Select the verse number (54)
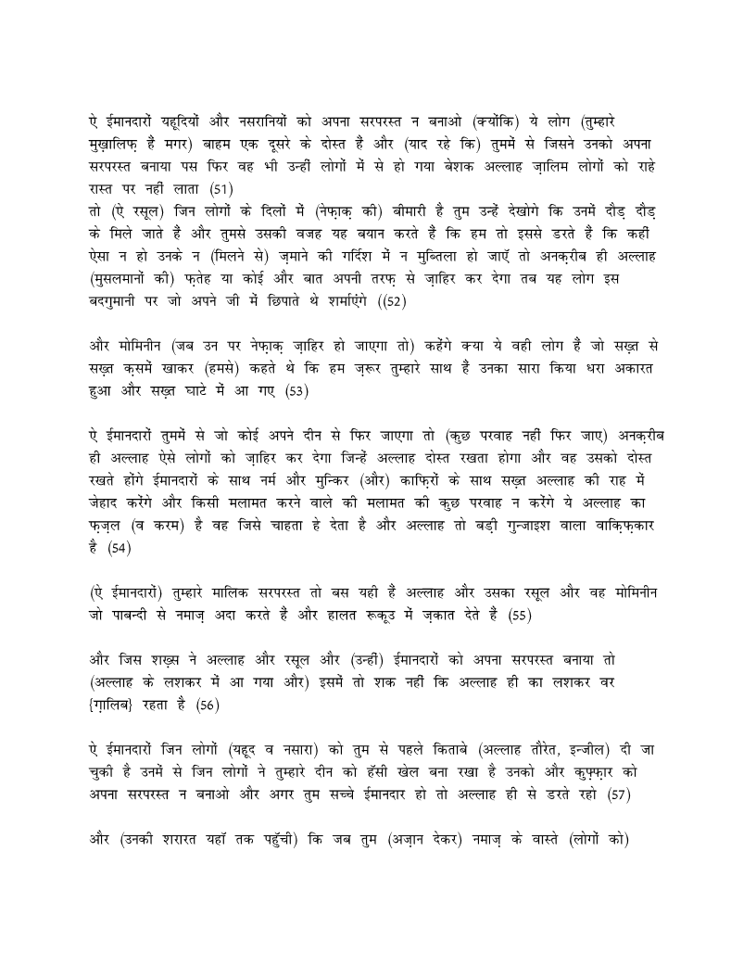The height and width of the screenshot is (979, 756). pyautogui.click(x=120, y=549)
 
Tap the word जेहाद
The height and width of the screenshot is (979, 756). pyautogui.click(x=103, y=503)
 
